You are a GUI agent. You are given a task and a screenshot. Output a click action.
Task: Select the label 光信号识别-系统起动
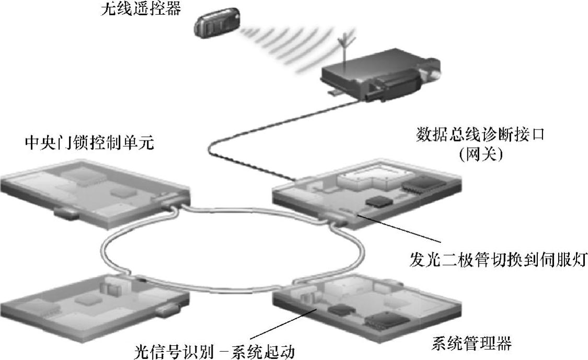tap(212, 349)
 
